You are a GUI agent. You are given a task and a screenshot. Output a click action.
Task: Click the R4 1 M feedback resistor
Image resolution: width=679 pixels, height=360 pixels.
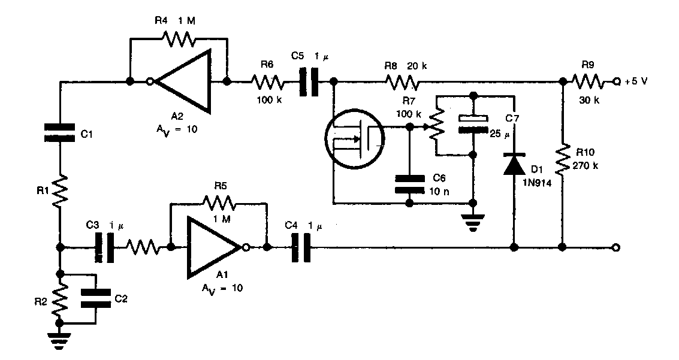tap(178, 40)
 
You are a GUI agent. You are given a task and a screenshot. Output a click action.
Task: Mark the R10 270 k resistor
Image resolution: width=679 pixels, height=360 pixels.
tap(563, 159)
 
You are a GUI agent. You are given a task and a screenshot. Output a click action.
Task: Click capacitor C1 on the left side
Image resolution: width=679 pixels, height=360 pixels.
tap(61, 132)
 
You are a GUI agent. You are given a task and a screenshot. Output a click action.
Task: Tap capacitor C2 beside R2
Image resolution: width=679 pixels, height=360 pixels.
tap(96, 298)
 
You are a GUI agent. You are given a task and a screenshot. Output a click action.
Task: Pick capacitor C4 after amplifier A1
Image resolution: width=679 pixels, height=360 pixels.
tap(301, 247)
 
